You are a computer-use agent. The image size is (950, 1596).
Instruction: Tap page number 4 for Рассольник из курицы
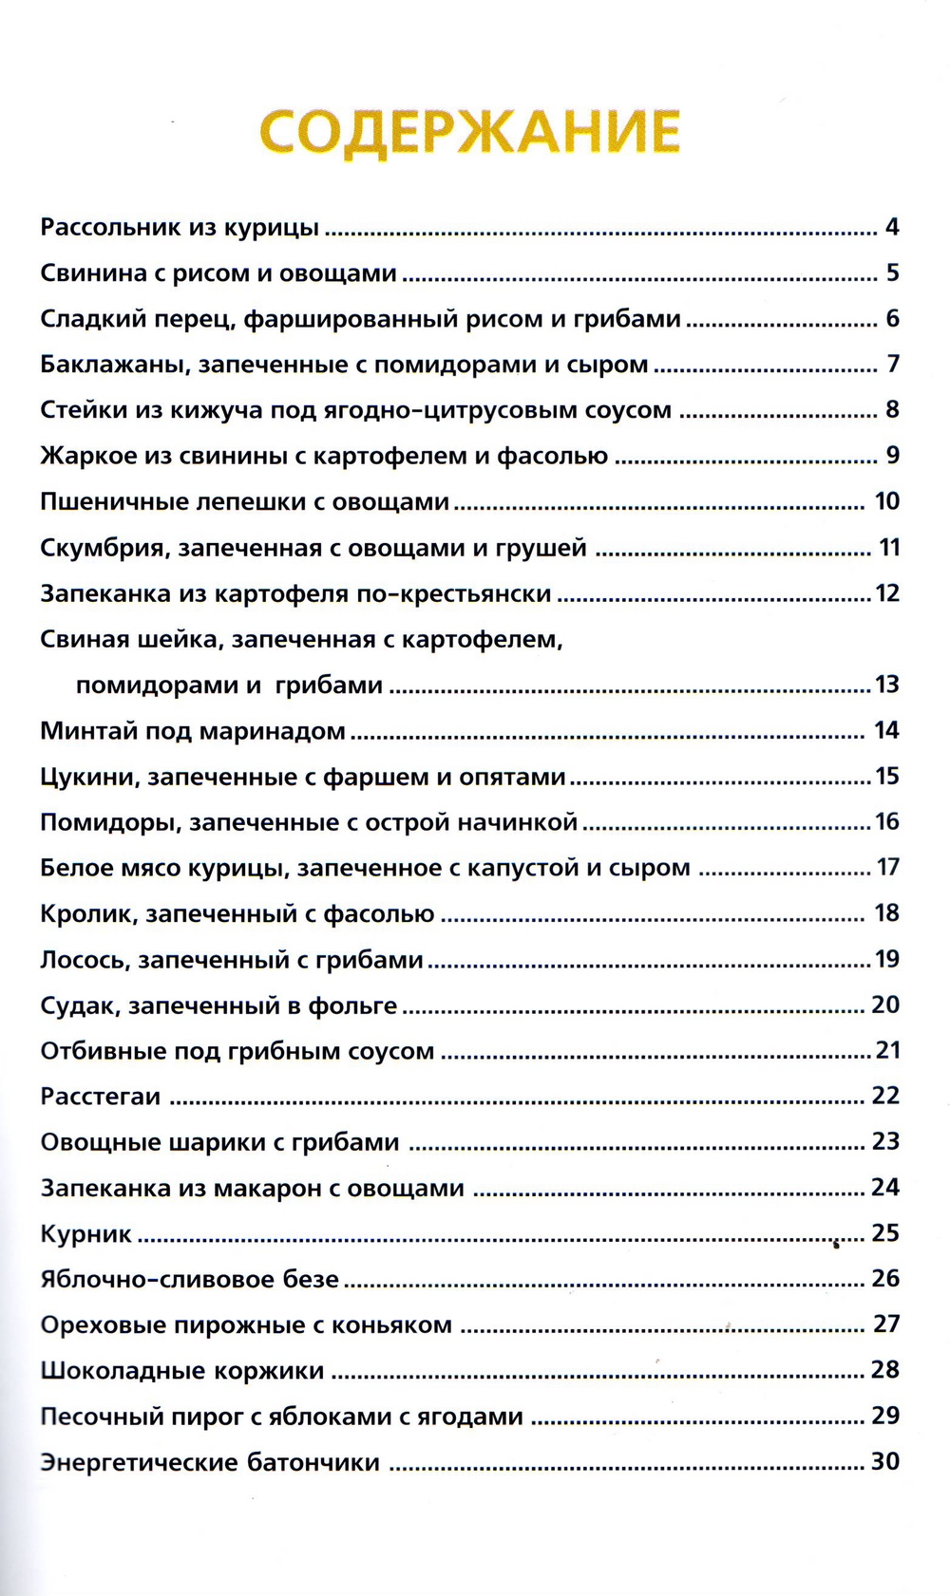point(891,228)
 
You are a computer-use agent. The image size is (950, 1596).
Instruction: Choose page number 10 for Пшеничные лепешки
point(886,501)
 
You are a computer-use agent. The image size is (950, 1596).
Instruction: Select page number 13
point(886,685)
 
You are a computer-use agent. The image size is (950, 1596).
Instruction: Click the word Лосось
point(83,961)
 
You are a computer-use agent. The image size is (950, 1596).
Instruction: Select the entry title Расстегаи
point(100,1098)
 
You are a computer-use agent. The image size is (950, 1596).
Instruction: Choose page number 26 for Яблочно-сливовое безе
point(885,1279)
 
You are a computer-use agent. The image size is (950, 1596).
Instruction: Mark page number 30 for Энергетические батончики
point(885,1462)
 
